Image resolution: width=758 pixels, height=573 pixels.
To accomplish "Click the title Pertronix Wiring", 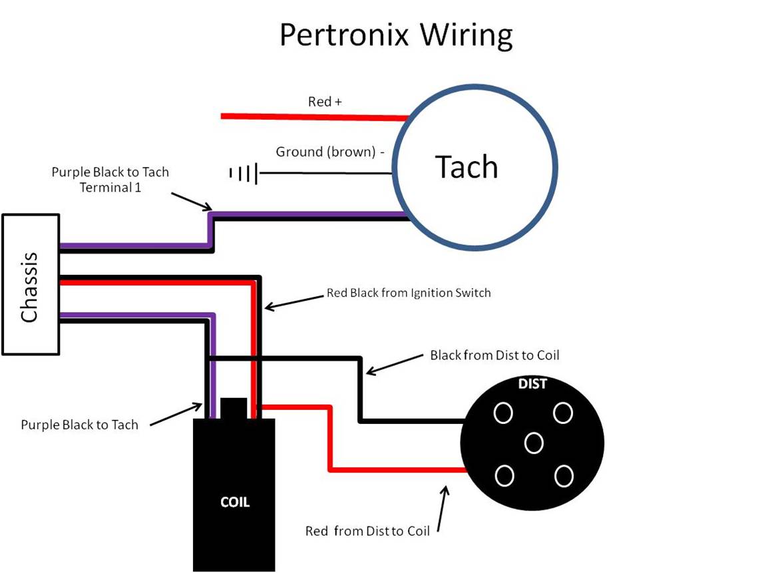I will tap(395, 35).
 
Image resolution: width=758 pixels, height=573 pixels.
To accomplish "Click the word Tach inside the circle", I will tap(467, 166).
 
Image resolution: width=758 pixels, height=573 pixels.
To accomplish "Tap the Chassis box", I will tap(31, 284).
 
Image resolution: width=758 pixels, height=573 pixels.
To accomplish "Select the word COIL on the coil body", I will tap(234, 502).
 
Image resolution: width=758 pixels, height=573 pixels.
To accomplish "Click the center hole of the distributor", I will tap(534, 443).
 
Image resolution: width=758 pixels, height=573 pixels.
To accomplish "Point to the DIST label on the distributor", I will tap(532, 384).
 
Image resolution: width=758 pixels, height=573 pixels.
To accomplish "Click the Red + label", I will tap(325, 102).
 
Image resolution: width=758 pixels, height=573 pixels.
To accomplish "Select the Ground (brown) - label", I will tap(330, 152).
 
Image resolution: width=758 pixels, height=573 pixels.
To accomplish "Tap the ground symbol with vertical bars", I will tap(244, 174).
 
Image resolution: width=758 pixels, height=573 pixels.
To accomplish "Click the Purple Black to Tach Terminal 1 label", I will tap(110, 180).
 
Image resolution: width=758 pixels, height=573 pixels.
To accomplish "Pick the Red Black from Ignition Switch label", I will tap(408, 293).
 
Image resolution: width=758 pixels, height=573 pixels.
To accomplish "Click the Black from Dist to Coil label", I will tap(494, 355).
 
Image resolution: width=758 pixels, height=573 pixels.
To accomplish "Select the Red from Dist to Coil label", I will tap(367, 530).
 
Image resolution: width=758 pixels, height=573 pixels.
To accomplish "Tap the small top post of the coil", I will tap(234, 408).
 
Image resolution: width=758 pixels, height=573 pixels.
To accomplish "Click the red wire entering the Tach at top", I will tap(313, 116).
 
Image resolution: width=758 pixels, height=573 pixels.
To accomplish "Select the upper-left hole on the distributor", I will tap(503, 413).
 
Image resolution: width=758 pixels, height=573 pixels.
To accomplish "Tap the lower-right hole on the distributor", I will tap(564, 476).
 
